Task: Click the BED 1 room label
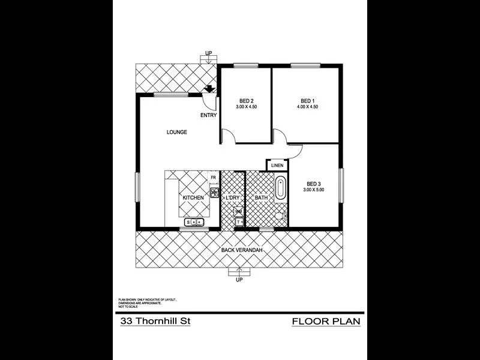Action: [308, 100]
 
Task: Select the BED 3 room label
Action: [313, 184]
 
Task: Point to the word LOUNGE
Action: [177, 133]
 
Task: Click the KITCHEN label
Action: [193, 197]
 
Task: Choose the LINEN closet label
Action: [277, 165]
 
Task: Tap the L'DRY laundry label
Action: [233, 197]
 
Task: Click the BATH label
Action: [261, 197]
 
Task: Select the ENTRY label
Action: [208, 115]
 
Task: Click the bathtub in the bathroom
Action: [281, 189]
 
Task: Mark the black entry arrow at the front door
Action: [209, 89]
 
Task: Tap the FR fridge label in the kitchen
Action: [213, 178]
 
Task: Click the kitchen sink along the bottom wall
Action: [196, 223]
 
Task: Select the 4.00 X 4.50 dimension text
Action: [308, 107]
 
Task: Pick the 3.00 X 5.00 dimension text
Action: [313, 190]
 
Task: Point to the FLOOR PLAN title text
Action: [326, 321]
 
